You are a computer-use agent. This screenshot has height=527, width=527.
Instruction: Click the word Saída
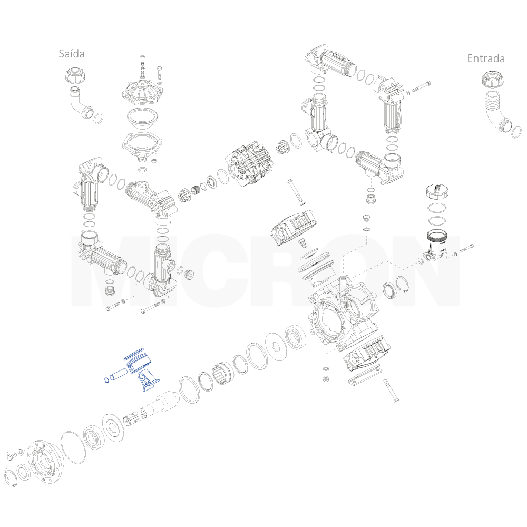pos(72,54)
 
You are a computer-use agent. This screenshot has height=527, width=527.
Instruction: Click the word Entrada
pos(486,58)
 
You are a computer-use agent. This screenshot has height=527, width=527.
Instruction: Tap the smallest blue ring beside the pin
pos(106,380)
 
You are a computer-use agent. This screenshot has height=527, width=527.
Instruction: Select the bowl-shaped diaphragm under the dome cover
pos(143,119)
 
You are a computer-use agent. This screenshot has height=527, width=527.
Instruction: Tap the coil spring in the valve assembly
pos(196,191)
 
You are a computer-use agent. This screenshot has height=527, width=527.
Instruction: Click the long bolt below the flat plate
pos(391,390)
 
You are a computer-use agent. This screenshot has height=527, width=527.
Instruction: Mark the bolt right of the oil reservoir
pos(466,248)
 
